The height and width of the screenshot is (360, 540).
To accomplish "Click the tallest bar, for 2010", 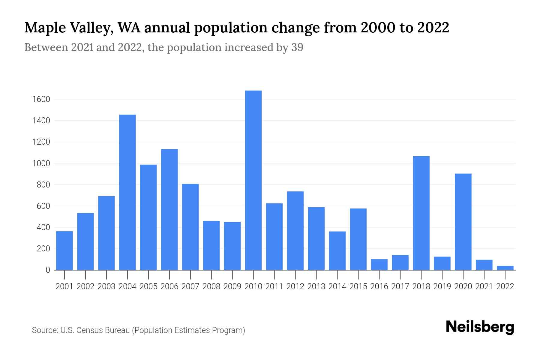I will (253, 180).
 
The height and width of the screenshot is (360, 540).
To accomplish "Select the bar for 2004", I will (127, 192).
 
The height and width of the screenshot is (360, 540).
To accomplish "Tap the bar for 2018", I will (421, 213).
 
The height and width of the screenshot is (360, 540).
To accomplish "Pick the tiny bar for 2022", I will (505, 268).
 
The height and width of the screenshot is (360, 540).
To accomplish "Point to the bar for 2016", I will (379, 264).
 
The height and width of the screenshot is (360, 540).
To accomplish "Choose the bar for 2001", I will (64, 250).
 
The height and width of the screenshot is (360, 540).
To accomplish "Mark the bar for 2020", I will (463, 222).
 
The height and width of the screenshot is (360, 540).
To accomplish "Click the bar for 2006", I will (169, 209).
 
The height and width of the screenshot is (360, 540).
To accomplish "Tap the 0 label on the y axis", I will (48, 270).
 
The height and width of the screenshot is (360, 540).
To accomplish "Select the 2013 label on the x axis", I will (316, 286).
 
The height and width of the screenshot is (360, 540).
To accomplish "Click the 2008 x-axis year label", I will (211, 286).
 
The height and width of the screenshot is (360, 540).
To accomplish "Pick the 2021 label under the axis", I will (484, 286).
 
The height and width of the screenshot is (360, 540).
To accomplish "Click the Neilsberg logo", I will (480, 327).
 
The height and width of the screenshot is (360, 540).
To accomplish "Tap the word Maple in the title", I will (45, 28).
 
